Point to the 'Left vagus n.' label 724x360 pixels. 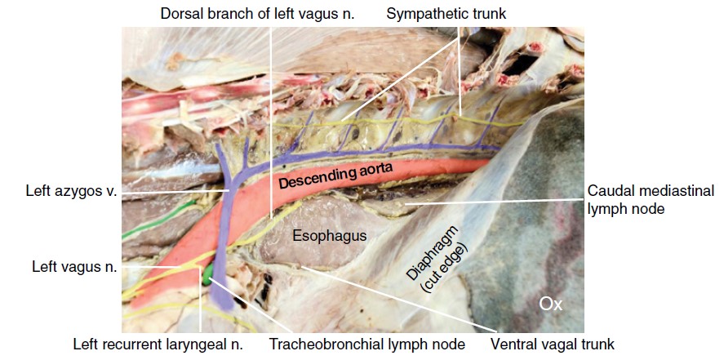pos(75,266)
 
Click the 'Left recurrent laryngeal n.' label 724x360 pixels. pos(158,344)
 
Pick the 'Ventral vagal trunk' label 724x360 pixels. pos(552,344)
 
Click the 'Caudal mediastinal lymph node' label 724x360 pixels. pos(651,199)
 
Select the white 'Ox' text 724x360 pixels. pos(551,304)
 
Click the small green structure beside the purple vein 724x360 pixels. pos(209,269)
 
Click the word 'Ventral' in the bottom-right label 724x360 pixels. pos(513,344)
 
